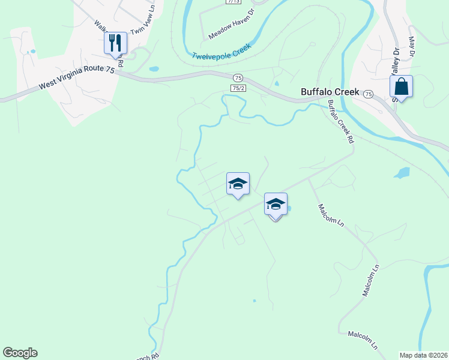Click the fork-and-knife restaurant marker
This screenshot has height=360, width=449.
click(115, 43)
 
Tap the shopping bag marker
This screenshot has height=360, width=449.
click(401, 87)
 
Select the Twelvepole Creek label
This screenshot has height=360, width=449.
click(221, 53)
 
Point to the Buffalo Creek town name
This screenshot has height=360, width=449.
click(330, 92)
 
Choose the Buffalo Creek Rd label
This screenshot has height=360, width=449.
click(340, 121)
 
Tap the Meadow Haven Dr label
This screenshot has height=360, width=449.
click(232, 25)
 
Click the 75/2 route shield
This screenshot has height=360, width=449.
click(238, 88)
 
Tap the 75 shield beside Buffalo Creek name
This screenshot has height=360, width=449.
click(368, 94)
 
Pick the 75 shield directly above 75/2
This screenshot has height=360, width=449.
click(238, 78)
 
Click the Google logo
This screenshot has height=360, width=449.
click(20, 353)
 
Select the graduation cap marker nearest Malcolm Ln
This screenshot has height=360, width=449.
click(276, 205)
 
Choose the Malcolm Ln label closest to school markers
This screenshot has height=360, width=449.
click(331, 215)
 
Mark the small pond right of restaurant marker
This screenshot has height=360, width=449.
click(154, 69)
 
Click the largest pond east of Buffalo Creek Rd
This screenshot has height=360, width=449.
click(402, 173)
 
